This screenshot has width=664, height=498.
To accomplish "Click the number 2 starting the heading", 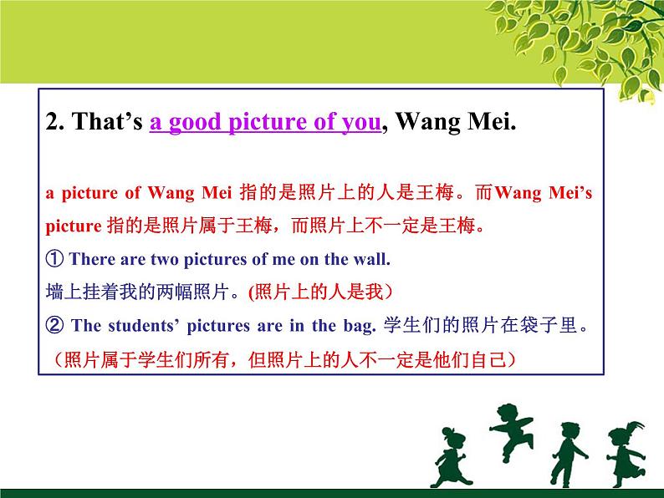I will [x=53, y=123].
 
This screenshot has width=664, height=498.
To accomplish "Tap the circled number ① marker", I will [x=52, y=260].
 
